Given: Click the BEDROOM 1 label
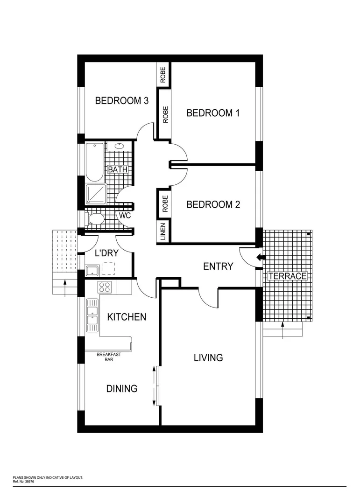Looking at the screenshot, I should pyautogui.click(x=213, y=113).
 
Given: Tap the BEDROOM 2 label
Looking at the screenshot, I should pyautogui.click(x=213, y=204).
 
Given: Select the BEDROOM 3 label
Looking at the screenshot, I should pyautogui.click(x=122, y=100).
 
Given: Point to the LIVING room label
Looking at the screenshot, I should pyautogui.click(x=208, y=358).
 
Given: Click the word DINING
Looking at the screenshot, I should pyautogui.click(x=121, y=388).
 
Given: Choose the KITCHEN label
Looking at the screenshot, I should pyautogui.click(x=127, y=317).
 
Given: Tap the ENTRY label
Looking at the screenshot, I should pyautogui.click(x=218, y=266).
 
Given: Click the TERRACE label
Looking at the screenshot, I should pyautogui.click(x=287, y=276).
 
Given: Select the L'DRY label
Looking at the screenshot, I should pyautogui.click(x=106, y=254).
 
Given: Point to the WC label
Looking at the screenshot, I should pyautogui.click(x=125, y=216).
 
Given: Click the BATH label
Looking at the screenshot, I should pyautogui.click(x=118, y=170).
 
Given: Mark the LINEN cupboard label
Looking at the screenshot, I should pyautogui.click(x=163, y=231).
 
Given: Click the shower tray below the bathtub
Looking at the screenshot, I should pyautogui.click(x=96, y=194).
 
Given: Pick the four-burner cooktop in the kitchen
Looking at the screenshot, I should pyautogui.click(x=104, y=287).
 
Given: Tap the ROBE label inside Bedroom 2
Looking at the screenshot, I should pyautogui.click(x=164, y=203).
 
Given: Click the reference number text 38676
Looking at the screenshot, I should pyautogui.click(x=29, y=482).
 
